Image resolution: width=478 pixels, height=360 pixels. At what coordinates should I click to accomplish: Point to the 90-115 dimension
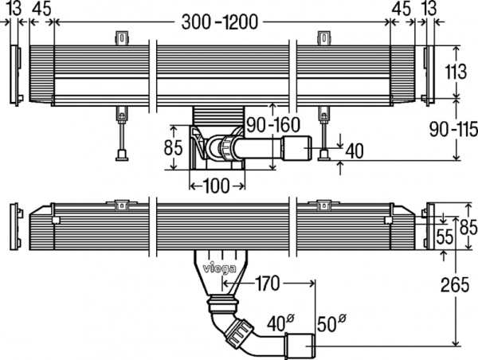(x=455, y=128)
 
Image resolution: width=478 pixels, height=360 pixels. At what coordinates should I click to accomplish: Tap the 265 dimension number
(x=455, y=284)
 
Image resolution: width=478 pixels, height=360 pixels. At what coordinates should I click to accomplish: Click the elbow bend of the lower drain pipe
(x=237, y=331)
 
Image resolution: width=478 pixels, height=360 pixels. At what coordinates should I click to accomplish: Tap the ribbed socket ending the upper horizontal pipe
(x=272, y=147)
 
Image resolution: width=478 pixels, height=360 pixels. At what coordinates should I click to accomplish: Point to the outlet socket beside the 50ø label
(x=303, y=345)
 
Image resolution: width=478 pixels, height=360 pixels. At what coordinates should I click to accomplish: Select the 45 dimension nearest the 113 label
(x=401, y=9)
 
